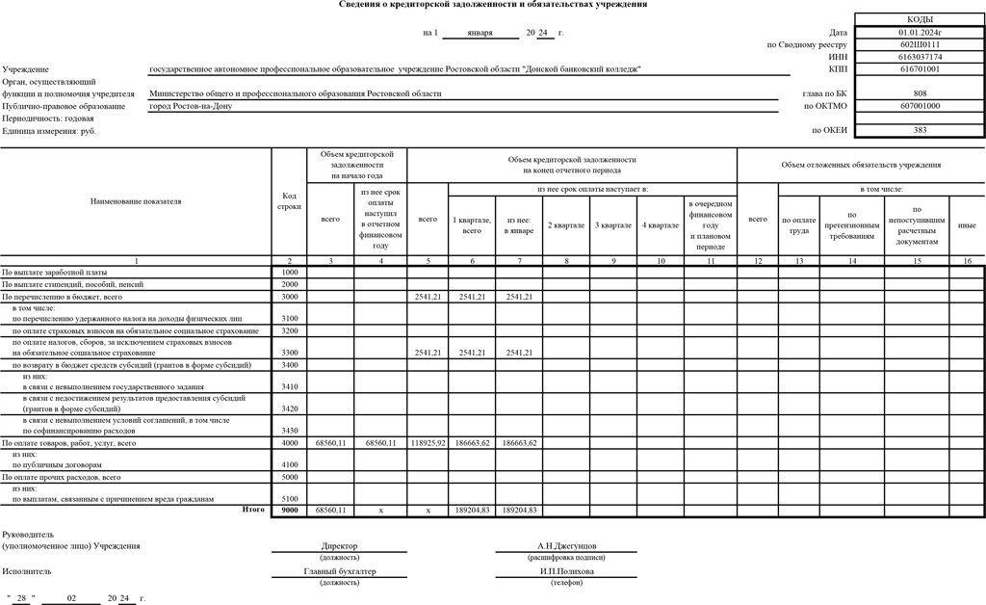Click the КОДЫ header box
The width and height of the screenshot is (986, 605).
pos(920,19)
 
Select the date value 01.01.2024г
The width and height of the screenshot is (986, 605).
pos(920,33)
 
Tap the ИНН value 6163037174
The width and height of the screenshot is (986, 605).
pos(920,57)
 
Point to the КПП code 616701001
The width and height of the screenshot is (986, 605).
pos(920,69)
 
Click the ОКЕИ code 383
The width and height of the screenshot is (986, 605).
pos(920,130)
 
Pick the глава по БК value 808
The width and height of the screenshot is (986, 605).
pos(920,93)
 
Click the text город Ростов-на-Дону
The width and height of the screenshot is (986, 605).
pos(191,106)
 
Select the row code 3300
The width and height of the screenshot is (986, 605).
pos(289,353)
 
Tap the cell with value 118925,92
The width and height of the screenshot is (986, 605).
pos(428,442)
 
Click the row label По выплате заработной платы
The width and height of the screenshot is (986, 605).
pos(55,273)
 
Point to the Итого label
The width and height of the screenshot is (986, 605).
pos(253,509)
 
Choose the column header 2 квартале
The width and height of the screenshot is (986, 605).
pos(566,224)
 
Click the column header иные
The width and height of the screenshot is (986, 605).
pos(967,224)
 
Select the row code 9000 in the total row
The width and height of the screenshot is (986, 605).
pos(289,510)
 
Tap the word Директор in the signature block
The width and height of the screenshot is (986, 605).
pos(339,545)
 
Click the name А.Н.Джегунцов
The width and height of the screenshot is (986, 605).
pos(566,545)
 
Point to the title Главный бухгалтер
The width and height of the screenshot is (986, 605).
pos(339,570)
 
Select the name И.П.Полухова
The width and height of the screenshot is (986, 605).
pos(566,570)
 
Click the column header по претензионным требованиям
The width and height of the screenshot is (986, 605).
pos(851,224)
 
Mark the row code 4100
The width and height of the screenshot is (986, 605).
pos(289,463)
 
